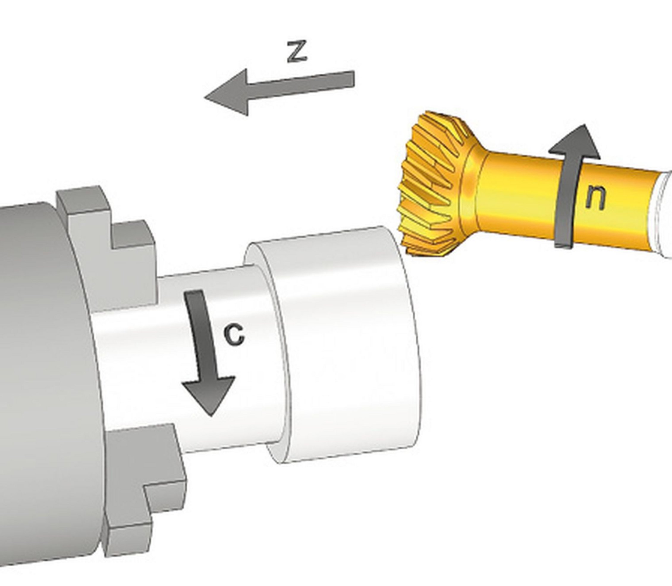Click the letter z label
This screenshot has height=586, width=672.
(297, 52)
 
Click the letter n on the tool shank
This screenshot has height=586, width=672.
(595, 197)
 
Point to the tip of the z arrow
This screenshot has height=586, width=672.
(204, 97)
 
